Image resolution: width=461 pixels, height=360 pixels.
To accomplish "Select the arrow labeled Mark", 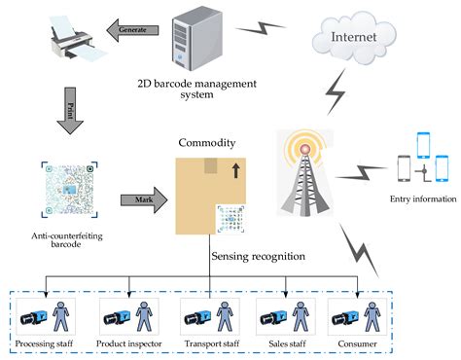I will [x=141, y=200].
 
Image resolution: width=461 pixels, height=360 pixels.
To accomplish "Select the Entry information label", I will [x=421, y=199].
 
